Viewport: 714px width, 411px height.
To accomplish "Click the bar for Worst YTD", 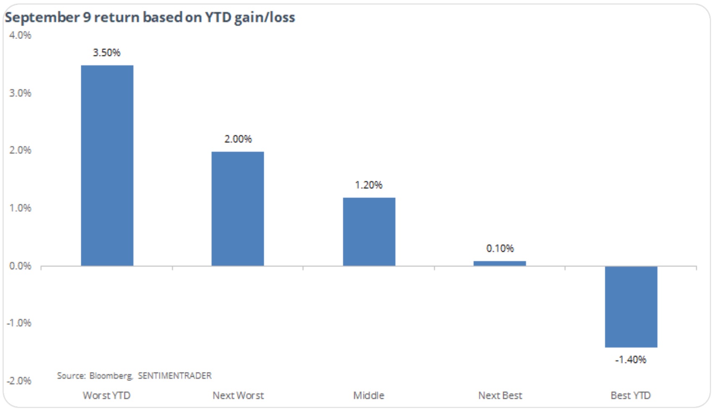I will point(107,165).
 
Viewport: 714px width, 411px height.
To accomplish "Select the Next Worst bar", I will point(238,208).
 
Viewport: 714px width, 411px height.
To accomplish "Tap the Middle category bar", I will point(369,231).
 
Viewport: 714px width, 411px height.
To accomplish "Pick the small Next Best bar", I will point(500,263).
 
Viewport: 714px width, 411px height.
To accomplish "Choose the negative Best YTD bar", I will point(631,307).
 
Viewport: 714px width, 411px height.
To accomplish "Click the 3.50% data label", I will point(107,53).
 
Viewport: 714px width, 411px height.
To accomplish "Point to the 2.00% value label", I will point(238,139).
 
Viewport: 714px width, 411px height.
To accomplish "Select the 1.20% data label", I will point(369,185).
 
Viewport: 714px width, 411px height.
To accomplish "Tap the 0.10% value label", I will point(500,249).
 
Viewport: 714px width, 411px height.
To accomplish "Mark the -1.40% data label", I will point(631,360).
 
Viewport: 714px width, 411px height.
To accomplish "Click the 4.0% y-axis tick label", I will point(20,35).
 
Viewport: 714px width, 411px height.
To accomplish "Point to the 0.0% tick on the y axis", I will point(20,266).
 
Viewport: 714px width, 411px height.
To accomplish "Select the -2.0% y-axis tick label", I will point(19,381).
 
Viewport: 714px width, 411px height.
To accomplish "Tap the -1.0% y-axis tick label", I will point(19,323).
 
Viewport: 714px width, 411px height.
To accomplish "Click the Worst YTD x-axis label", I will point(107,396).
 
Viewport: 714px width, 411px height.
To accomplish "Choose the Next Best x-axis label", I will point(500,396).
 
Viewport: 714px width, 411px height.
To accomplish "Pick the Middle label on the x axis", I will point(369,396).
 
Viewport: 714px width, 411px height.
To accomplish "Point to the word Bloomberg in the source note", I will point(111,376).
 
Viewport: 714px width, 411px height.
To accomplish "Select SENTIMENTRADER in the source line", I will point(175,376).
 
